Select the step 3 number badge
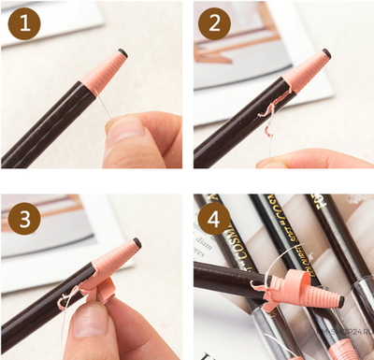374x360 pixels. pyautogui.click(x=24, y=220)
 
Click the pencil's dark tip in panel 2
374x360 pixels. pyautogui.click(x=326, y=53)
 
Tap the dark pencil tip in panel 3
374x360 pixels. pyautogui.click(x=137, y=242)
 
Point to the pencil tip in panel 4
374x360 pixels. pyautogui.click(x=340, y=302)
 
